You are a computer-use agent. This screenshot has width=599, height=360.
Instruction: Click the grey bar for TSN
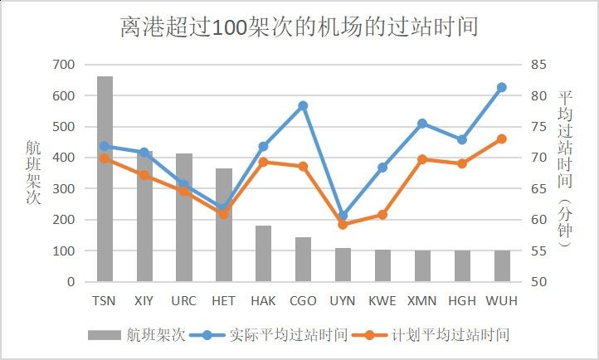105,178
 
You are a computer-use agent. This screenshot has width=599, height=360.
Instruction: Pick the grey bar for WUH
502,265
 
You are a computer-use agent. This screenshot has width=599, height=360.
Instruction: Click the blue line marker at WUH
502,87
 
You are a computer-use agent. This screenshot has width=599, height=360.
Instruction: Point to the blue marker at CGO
303,105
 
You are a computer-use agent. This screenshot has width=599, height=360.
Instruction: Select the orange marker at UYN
343,224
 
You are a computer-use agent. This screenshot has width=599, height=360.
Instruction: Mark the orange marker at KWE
382,214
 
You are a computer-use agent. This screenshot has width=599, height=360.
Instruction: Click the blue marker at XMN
422,124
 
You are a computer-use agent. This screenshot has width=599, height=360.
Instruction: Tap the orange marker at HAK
263,162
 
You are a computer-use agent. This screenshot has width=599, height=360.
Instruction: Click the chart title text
299,27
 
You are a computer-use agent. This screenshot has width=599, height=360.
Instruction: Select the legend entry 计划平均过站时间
439,335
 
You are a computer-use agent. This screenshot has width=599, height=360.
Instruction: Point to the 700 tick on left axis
63,64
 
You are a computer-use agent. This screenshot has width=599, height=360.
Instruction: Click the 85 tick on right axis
538,64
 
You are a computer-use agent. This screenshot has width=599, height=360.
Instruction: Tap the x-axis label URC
183,300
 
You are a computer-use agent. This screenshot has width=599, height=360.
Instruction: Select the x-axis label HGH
462,300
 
